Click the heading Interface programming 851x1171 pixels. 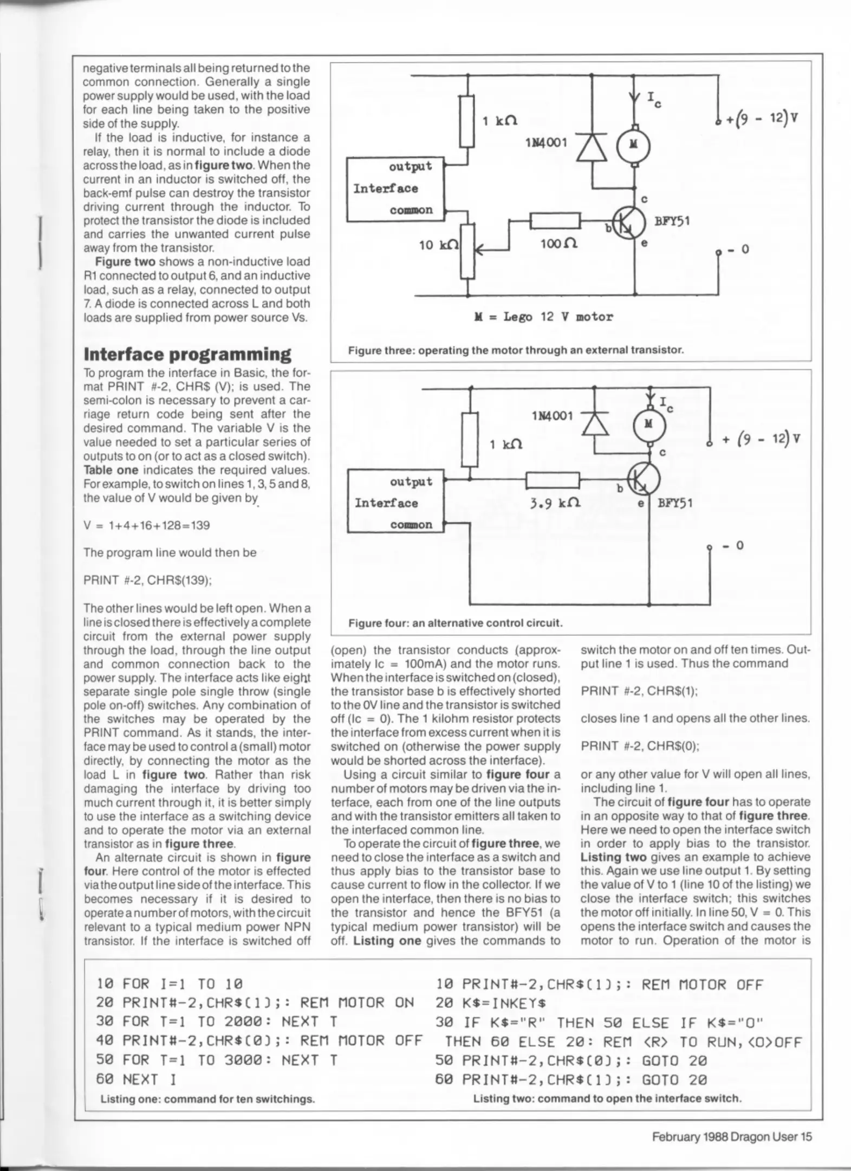click(x=187, y=354)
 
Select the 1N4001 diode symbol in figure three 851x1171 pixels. click(x=591, y=146)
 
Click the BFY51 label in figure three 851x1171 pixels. click(x=672, y=221)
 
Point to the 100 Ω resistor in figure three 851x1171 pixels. click(x=555, y=221)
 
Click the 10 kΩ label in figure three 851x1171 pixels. click(x=438, y=246)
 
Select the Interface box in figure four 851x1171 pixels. click(x=395, y=501)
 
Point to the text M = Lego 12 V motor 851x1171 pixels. click(x=543, y=317)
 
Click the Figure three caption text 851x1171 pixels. click(x=516, y=350)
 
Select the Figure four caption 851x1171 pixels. click(x=455, y=623)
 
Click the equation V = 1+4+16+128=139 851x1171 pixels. click(x=147, y=525)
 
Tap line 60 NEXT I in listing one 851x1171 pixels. click(x=137, y=1079)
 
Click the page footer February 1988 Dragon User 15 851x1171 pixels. click(x=731, y=1136)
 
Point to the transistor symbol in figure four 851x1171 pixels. click(x=644, y=479)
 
